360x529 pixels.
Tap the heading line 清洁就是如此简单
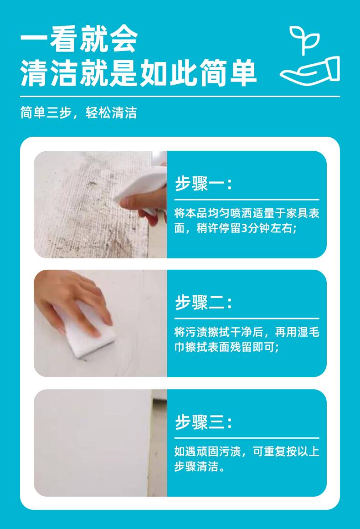[139, 73]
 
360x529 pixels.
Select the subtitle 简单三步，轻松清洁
[78, 113]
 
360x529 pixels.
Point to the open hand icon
[310, 71]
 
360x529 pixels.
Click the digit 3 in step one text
[245, 228]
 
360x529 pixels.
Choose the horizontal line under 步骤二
[247, 318]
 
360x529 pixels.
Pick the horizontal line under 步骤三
[247, 438]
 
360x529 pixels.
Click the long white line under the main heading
[180, 97]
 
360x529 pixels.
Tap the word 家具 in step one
[297, 213]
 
